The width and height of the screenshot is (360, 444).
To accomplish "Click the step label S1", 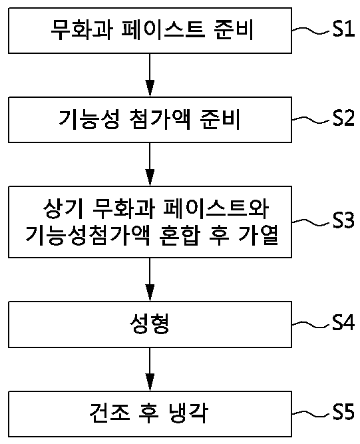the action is (343, 29).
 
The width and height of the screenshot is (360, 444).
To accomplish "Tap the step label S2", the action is (343, 118).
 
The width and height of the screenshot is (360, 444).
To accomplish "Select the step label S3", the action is (343, 220).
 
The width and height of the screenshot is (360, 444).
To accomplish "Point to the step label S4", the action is (343, 322).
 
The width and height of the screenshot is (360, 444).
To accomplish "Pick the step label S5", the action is (343, 412).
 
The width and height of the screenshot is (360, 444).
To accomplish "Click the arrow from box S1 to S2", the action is (150, 75).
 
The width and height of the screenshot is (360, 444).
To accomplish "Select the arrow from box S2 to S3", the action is (150, 164).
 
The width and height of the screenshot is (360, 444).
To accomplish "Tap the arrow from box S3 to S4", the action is (150, 280).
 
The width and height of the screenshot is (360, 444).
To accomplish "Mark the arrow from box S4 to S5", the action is (150, 369).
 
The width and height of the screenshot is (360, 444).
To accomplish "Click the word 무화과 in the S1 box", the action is (82, 29).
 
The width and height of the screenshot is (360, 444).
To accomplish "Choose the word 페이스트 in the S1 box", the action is (163, 29).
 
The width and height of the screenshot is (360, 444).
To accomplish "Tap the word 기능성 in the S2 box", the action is (89, 119).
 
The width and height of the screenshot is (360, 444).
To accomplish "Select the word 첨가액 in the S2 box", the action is (160, 119).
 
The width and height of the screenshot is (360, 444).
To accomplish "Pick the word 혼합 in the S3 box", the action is (180, 235).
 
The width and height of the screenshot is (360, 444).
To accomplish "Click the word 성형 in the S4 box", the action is (150, 324).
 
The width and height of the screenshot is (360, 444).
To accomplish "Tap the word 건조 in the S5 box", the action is (110, 413).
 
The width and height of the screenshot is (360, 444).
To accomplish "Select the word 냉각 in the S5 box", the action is (188, 413).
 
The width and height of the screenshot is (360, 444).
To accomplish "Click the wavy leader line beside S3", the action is (311, 222).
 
